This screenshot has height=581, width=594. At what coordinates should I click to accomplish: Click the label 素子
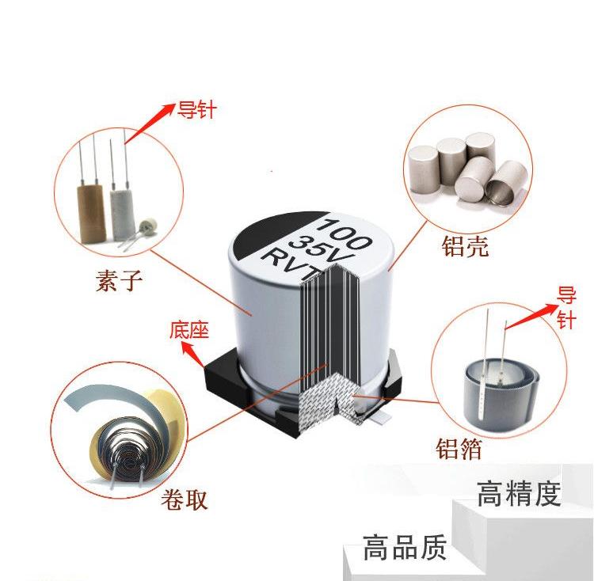click(x=119, y=280)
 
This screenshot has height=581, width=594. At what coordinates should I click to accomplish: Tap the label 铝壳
click(x=465, y=246)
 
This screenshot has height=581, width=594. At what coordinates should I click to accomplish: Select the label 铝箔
click(x=459, y=449)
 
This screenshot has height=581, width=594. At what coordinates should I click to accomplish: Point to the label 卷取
click(x=185, y=499)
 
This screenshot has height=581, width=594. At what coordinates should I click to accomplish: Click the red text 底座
click(x=189, y=329)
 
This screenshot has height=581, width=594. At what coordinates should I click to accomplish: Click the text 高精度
click(x=519, y=494)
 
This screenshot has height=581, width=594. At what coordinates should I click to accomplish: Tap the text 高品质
click(x=405, y=547)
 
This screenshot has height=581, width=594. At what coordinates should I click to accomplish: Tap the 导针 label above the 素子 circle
click(x=196, y=110)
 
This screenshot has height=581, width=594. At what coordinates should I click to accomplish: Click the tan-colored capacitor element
click(x=91, y=213)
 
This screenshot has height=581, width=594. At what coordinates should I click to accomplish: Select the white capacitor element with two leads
click(x=122, y=214)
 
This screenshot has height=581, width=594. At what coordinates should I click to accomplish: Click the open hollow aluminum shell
click(x=507, y=184)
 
